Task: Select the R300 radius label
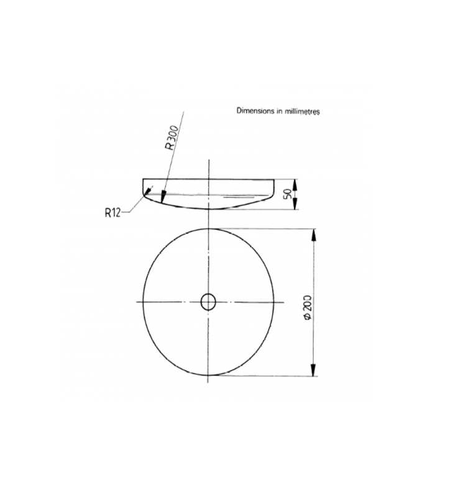point(171,136)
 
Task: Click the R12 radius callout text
point(113,213)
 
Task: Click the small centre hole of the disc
point(209,302)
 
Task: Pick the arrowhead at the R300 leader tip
point(162,199)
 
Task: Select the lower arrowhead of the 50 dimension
point(296,207)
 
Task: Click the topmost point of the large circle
point(209,228)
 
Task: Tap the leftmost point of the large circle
point(144,302)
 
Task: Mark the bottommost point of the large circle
point(209,376)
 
